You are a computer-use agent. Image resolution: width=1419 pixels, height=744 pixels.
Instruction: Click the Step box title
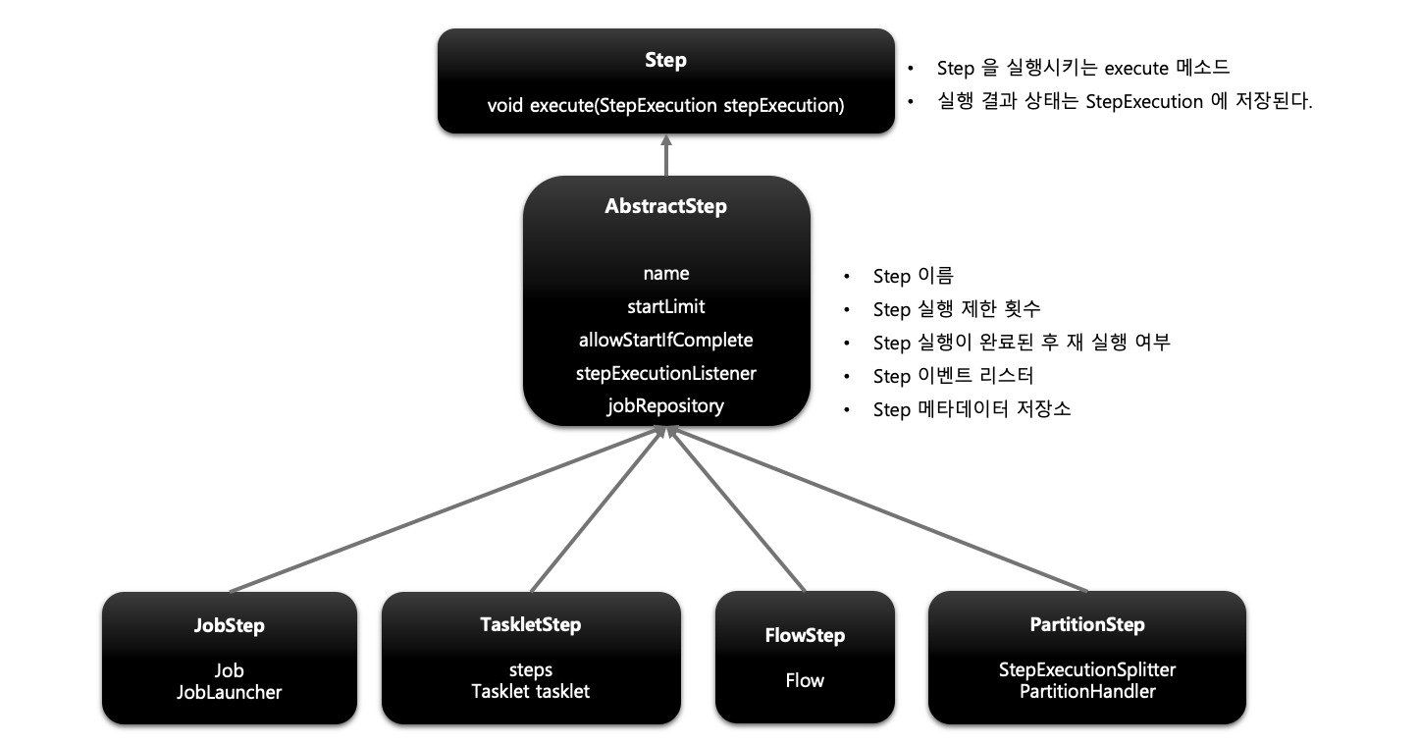click(x=665, y=60)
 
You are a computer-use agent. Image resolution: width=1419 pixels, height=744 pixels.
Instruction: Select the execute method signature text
click(x=665, y=105)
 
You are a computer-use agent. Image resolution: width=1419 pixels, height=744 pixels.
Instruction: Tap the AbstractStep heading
click(x=666, y=207)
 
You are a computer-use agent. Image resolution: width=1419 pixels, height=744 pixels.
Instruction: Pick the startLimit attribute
click(x=666, y=307)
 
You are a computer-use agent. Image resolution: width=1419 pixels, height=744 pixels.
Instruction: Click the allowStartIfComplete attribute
click(x=666, y=340)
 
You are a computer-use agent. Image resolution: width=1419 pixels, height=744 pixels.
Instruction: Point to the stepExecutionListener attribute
click(x=666, y=373)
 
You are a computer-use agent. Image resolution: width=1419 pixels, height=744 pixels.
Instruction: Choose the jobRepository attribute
click(x=666, y=405)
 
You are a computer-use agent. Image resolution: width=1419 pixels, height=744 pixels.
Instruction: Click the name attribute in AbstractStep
click(x=666, y=274)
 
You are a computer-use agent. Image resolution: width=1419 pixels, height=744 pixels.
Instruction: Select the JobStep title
click(x=229, y=625)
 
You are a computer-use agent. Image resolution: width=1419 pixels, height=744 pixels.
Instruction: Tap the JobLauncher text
click(x=229, y=692)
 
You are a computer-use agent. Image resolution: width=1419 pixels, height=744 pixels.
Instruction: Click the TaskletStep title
click(x=531, y=624)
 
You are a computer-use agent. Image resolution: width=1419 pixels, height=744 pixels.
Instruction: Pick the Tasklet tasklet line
click(x=531, y=691)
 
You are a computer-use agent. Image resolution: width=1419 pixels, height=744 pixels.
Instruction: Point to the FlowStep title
click(x=805, y=635)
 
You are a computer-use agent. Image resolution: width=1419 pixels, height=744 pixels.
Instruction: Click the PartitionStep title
click(x=1087, y=624)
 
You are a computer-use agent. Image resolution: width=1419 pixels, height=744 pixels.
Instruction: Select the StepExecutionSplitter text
click(x=1087, y=669)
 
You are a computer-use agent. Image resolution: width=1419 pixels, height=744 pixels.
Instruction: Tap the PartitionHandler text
click(x=1087, y=691)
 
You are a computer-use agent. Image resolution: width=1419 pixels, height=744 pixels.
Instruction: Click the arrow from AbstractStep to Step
click(x=666, y=155)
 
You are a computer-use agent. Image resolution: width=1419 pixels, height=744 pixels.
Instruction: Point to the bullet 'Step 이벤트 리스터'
click(x=953, y=376)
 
